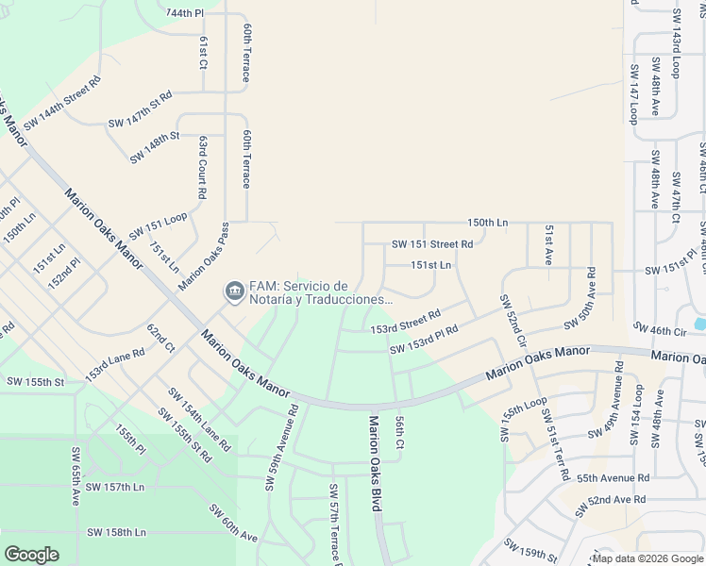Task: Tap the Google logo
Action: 31,555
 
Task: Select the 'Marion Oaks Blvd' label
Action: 375,463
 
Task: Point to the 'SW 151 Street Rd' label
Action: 432,244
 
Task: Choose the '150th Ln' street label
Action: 487,223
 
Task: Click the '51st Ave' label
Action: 547,243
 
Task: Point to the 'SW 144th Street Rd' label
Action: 62,104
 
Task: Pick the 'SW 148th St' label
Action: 155,148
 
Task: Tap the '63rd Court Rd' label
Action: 202,166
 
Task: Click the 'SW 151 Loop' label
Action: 158,225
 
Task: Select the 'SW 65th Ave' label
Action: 75,477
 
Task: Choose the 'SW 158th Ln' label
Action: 114,532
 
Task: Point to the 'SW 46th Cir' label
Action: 660,331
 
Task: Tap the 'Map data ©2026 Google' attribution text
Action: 647,558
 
